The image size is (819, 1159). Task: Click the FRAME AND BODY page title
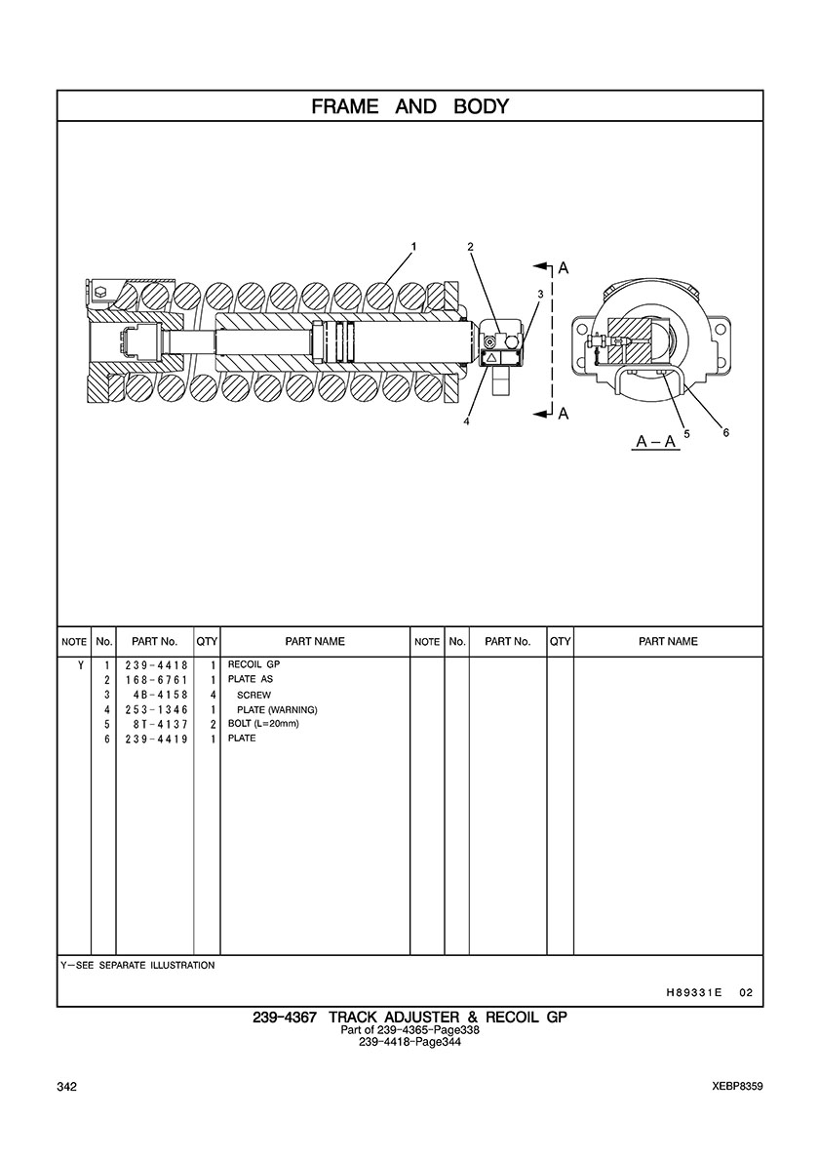[x=409, y=106]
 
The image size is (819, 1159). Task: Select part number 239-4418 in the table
[x=156, y=665]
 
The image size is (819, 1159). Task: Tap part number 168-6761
[x=156, y=680]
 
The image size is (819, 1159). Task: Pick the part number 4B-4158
[x=160, y=695]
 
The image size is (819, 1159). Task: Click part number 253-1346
[x=156, y=709]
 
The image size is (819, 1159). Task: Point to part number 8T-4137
[x=160, y=724]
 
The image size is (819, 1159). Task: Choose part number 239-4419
[x=156, y=739]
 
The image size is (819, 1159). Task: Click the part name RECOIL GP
[x=253, y=664]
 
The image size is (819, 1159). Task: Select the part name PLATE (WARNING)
[x=277, y=709]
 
